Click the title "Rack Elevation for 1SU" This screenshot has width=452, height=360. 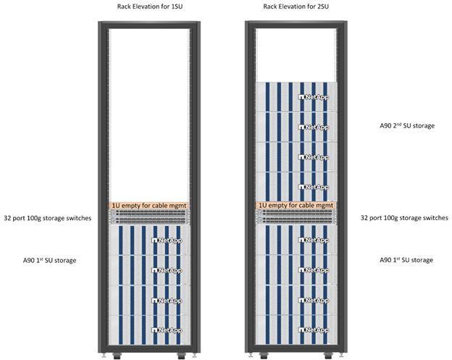point(149,7)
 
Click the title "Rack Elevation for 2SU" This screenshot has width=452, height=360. point(297,7)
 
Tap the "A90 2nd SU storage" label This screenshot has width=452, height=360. point(407,125)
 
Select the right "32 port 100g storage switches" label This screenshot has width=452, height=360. point(405,217)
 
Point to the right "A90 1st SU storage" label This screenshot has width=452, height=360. point(407,259)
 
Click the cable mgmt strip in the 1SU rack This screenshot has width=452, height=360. point(149,206)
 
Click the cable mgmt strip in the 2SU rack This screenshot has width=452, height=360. point(298,206)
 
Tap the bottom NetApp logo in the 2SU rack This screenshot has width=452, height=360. point(313,330)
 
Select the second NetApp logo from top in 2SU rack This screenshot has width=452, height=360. point(313,127)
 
